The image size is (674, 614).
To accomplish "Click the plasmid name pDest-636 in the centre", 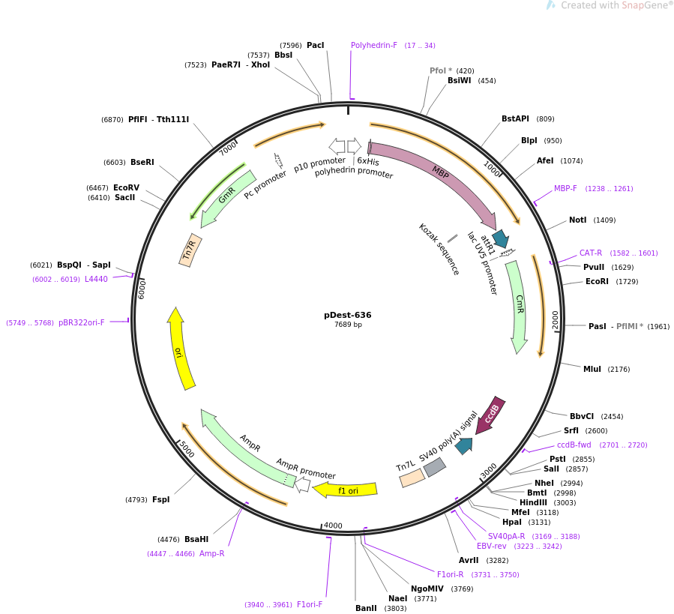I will click(x=348, y=315).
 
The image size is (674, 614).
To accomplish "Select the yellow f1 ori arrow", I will click(x=346, y=490).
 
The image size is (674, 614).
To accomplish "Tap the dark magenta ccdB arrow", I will click(x=491, y=415).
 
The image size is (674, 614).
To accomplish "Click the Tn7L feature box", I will click(x=412, y=478).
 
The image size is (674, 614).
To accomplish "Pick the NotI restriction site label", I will click(x=577, y=220).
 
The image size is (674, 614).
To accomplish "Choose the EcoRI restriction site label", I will click(x=597, y=282).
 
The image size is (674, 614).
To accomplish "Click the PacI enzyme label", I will click(x=316, y=45).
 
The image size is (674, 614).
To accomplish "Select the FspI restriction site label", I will click(x=161, y=499).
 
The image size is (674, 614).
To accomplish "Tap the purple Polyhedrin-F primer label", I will click(x=374, y=45).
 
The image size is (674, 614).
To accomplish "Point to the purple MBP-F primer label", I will click(x=565, y=189).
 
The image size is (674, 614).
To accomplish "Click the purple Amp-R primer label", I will click(x=211, y=553).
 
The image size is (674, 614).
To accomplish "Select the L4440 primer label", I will click(x=96, y=279).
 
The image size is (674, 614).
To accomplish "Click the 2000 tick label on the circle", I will click(x=556, y=319).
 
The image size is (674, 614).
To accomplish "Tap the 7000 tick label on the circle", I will click(x=228, y=149).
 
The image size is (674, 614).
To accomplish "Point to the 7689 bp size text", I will click(x=348, y=325).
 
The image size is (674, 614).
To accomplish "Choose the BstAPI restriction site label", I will click(x=516, y=118).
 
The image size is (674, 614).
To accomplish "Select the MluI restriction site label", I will click(x=592, y=369).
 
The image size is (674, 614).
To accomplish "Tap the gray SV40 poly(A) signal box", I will click(x=435, y=468).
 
